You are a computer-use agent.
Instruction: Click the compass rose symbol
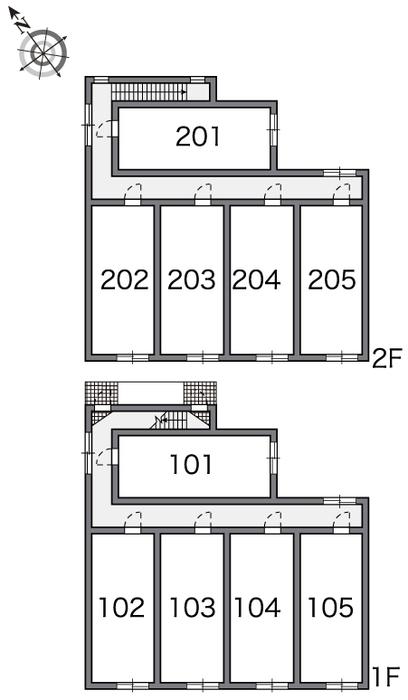43,52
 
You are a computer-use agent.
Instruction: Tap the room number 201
198,137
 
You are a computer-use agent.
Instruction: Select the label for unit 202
124,280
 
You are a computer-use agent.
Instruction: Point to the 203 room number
192,280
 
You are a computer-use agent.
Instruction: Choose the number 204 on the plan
256,280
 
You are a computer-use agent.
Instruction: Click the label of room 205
332,280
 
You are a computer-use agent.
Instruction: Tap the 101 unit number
191,464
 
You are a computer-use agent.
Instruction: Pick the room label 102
121,608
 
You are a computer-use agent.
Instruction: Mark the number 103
193,608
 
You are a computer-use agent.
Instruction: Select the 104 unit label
257,608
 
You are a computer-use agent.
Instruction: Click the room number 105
330,608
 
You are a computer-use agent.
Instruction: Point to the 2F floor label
387,359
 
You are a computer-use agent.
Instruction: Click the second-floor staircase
148,92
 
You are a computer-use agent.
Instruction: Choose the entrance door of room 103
203,522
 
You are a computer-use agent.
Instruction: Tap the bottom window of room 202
133,357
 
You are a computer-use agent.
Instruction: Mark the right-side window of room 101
273,457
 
